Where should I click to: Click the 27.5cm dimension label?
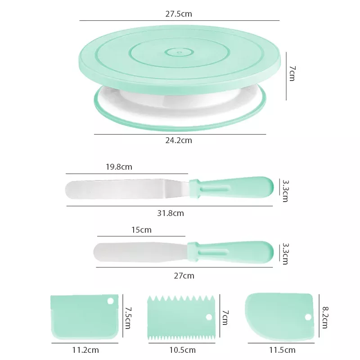tap(179, 14)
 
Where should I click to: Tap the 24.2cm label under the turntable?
tap(179, 140)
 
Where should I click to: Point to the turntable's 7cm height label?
tap(292, 73)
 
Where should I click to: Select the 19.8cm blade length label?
tap(119, 167)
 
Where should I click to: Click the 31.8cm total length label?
tap(171, 213)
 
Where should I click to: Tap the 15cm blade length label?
tap(141, 230)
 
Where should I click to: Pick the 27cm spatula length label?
tap(184, 276)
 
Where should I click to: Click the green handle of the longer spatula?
tap(231, 188)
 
